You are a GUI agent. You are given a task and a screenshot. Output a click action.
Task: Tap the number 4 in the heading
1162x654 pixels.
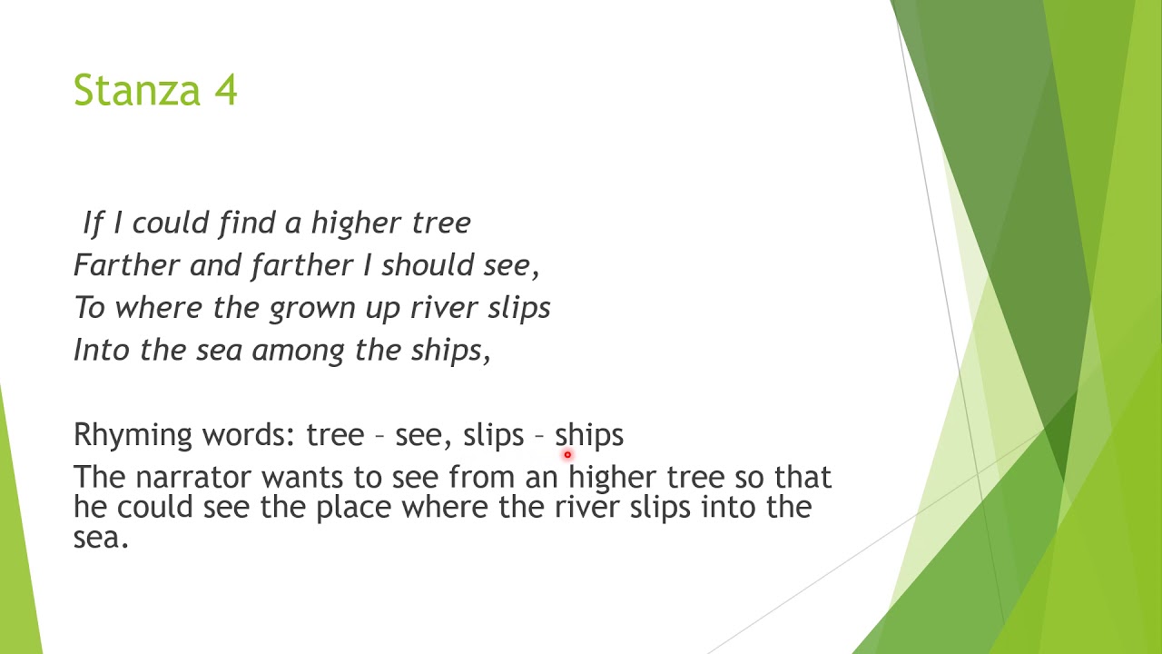[x=225, y=91]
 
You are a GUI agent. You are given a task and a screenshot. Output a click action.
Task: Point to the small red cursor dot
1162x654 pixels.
[x=567, y=454]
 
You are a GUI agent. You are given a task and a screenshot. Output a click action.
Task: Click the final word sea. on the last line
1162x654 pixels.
[x=101, y=537]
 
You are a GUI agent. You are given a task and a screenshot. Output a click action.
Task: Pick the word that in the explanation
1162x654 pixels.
[x=804, y=477]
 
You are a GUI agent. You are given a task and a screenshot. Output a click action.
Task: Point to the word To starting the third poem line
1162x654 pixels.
[x=90, y=308]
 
